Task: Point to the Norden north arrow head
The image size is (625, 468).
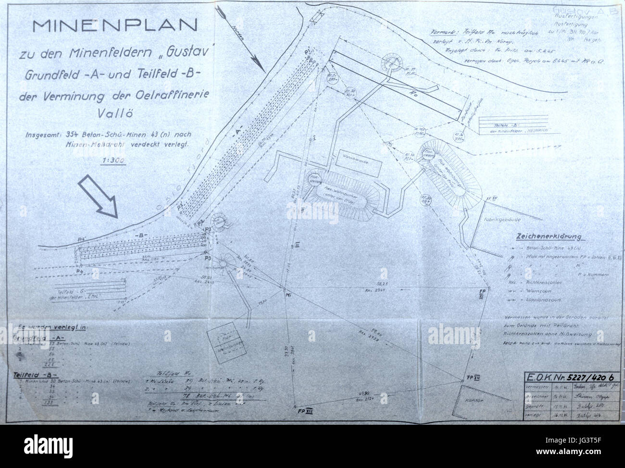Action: pos(256,64)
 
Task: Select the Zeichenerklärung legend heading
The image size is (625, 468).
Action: pos(548,237)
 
